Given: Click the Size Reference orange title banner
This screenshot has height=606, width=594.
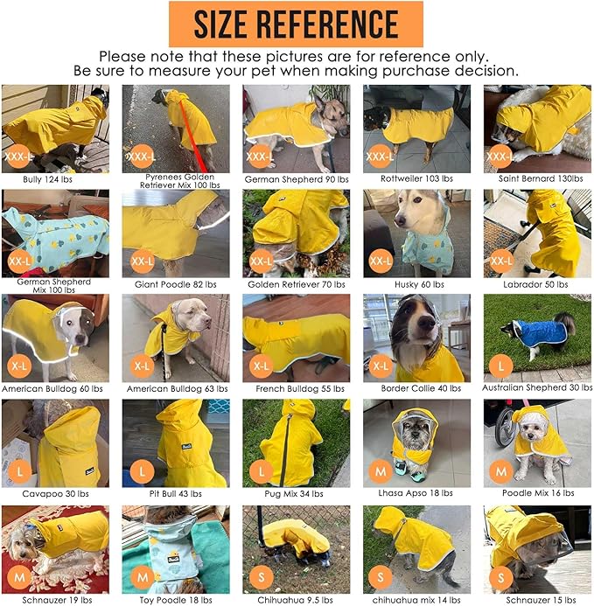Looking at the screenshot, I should pyautogui.click(x=297, y=24).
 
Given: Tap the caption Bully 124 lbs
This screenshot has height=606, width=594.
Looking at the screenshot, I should pyautogui.click(x=54, y=178).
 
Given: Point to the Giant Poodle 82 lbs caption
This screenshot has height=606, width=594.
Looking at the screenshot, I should pyautogui.click(x=176, y=284).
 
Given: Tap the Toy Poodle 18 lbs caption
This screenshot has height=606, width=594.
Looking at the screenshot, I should pyautogui.click(x=176, y=599).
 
